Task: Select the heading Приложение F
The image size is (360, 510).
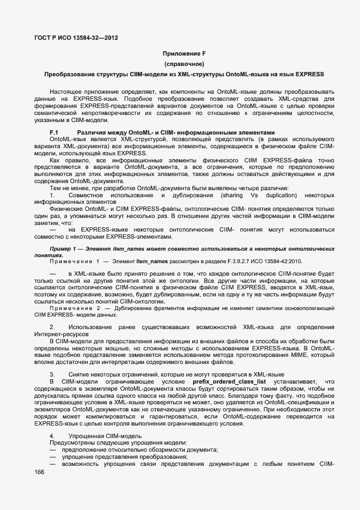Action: pos(180,53)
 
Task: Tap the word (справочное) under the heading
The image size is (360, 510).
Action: pos(180,64)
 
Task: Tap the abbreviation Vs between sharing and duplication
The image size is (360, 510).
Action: pos(253,195)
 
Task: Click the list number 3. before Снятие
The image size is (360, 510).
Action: pos(52,375)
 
